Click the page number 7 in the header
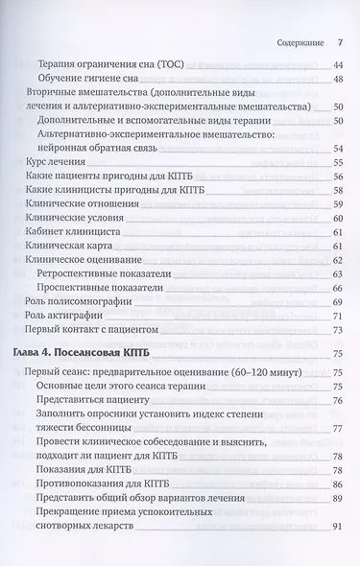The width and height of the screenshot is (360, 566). tap(340, 43)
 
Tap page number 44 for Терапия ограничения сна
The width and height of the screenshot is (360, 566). tap(337, 64)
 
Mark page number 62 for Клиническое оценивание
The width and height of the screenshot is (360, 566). tap(337, 260)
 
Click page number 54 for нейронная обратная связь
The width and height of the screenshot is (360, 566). tap(337, 149)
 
